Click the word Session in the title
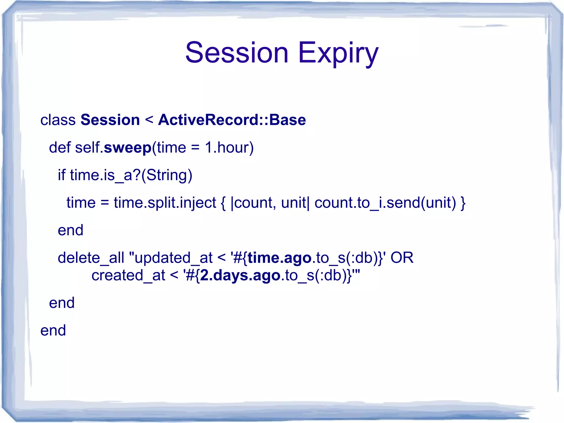237,52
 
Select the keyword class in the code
58,120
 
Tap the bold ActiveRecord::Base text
232,120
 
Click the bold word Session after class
110,120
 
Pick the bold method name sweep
128,148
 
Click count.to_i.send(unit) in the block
385,203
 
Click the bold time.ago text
280,258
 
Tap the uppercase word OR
402,258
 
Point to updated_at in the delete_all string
173,258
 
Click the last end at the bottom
53,330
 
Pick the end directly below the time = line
70,230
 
